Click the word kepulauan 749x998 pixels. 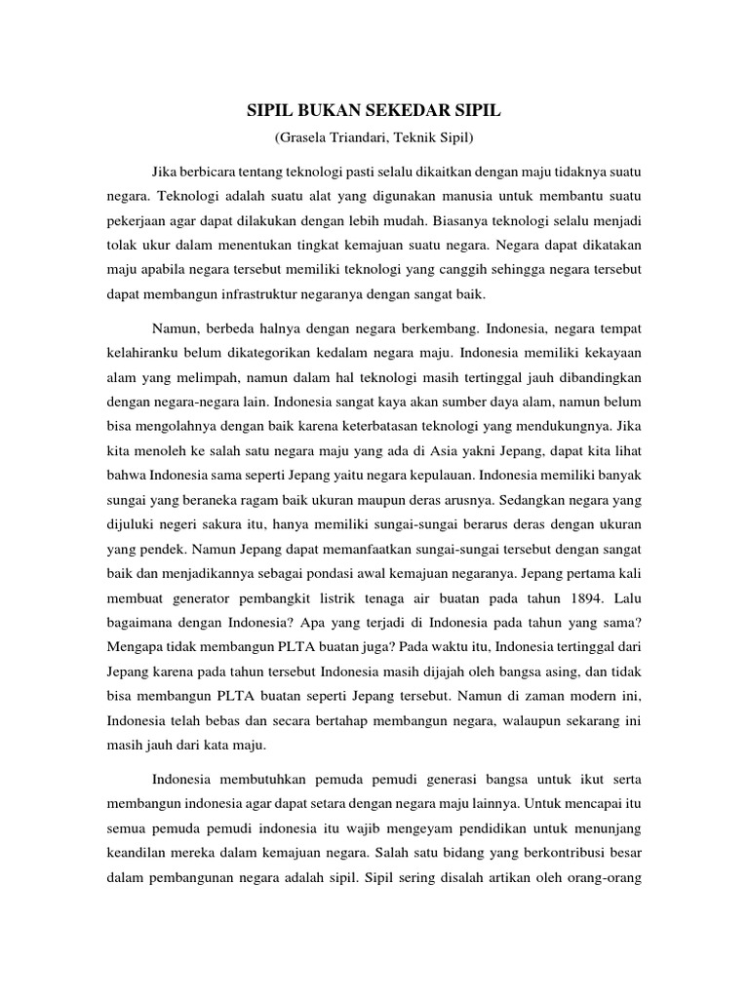(x=436, y=474)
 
